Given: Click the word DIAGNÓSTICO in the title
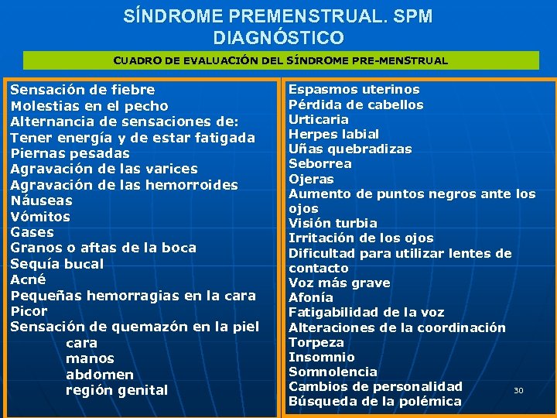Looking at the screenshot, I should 278,37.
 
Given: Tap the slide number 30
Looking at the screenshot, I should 518,391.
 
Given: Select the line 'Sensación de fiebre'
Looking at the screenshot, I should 82,90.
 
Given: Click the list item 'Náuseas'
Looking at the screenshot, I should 41,200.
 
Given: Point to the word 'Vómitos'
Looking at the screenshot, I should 40,217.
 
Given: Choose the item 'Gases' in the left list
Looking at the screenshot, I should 32,232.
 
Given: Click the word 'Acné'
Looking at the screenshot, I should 28,279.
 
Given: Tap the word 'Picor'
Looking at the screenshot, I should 29,311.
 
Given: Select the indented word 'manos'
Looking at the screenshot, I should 90,358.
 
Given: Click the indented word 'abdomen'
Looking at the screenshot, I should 100,375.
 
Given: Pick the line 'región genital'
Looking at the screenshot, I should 117,390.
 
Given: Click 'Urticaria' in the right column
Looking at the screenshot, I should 319,119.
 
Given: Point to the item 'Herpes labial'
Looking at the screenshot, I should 335,134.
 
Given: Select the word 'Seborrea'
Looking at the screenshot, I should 320,163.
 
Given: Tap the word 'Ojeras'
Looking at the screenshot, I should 311,179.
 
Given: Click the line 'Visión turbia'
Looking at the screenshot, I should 333,223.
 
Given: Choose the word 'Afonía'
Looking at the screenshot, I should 311,297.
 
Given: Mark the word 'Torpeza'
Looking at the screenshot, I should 316,342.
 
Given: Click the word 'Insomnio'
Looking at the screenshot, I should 322,357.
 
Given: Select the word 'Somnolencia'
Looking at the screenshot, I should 333,372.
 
